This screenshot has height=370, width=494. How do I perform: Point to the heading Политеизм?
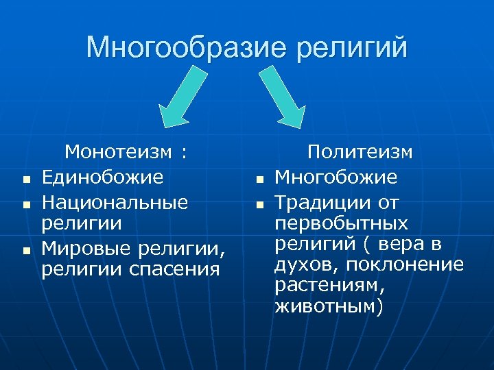(x=360, y=151)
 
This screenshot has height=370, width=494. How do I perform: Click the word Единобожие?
(x=102, y=177)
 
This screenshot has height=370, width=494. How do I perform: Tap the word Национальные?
(x=115, y=203)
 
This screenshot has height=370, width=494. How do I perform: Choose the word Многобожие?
(x=336, y=177)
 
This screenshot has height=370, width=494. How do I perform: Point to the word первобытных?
(x=341, y=224)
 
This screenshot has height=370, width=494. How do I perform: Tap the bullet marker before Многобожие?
(x=260, y=180)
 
